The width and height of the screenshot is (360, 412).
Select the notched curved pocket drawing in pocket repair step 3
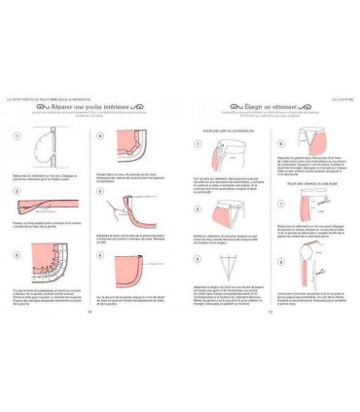coord(45,273)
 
